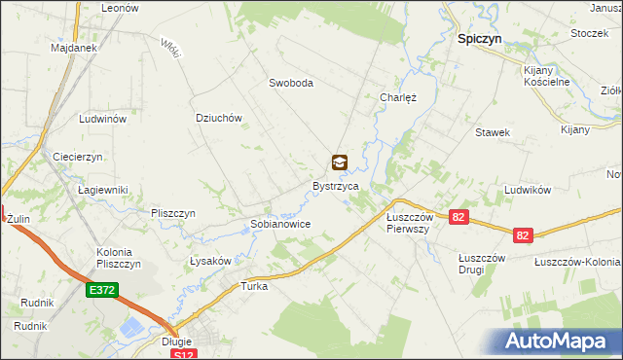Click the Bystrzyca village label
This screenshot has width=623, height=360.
[336, 185]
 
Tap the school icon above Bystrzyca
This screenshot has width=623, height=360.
[339, 162]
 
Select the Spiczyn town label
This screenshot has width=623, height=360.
[480, 42]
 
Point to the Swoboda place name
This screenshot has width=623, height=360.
[291, 84]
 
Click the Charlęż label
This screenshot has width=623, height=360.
[397, 97]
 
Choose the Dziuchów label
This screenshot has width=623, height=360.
[218, 118]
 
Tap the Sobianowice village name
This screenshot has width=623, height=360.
[280, 224]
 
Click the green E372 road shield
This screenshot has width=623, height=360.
[100, 290]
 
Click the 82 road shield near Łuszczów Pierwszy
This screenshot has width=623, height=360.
[458, 218]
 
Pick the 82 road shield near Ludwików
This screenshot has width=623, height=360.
[524, 234]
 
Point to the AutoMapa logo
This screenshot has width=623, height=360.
[558, 341]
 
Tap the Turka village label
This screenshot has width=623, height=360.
[254, 287]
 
